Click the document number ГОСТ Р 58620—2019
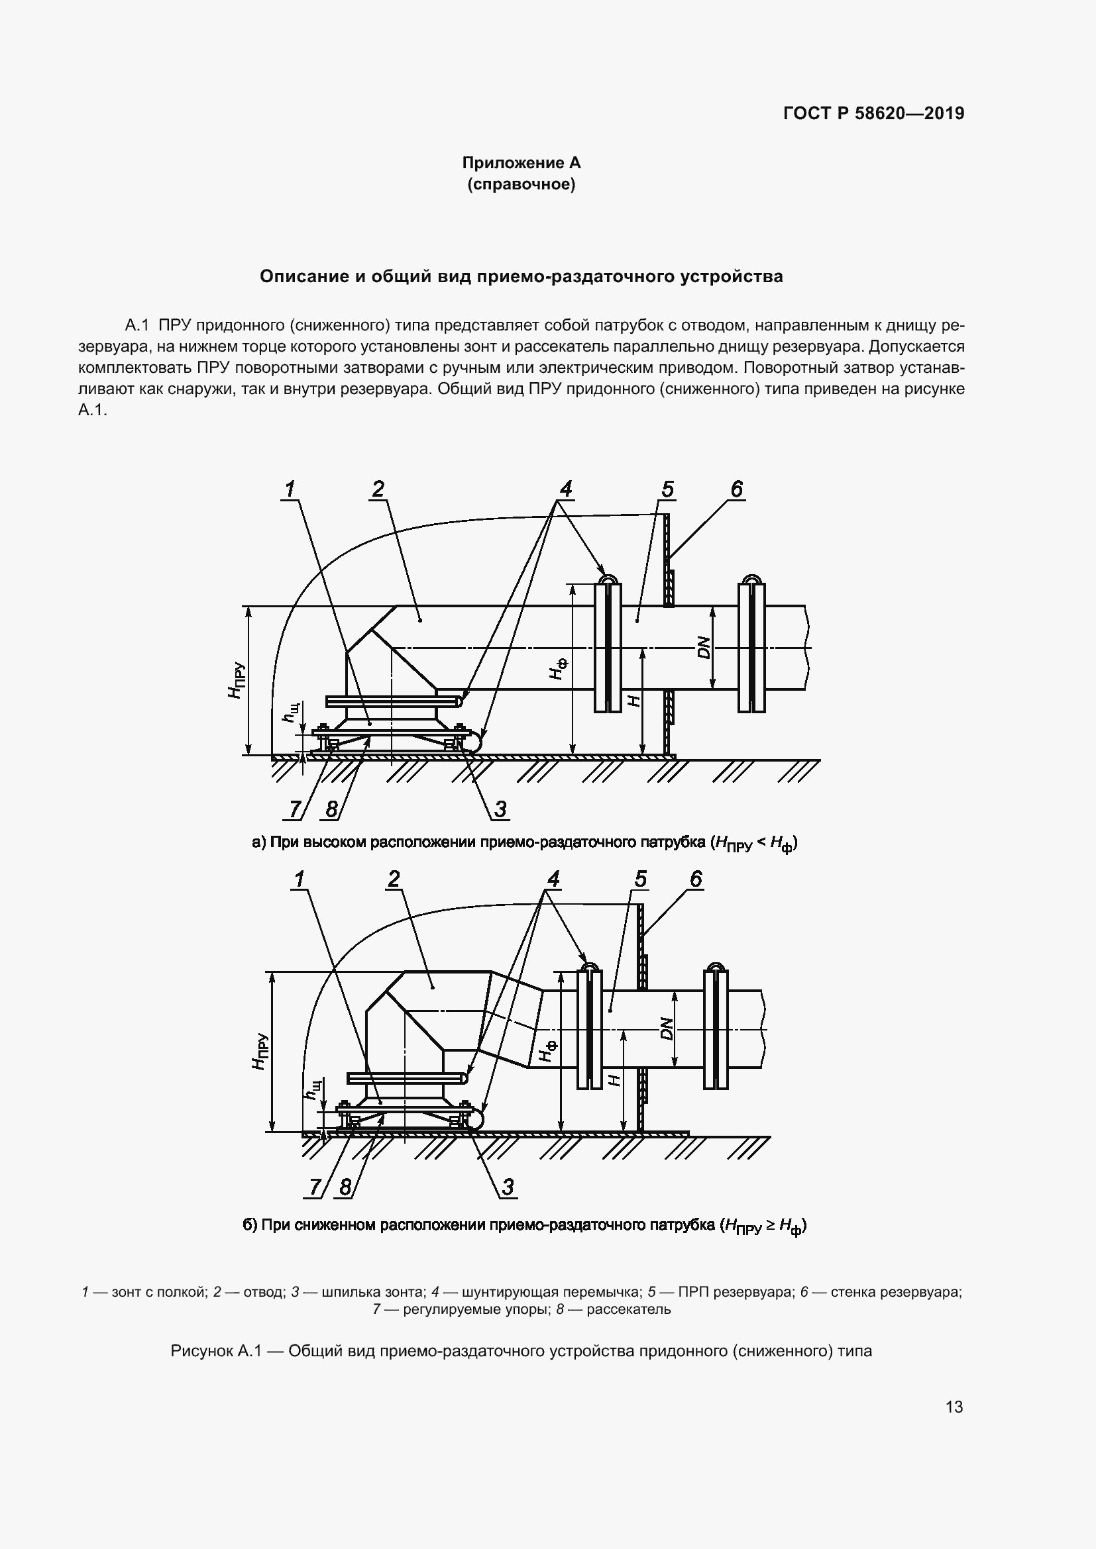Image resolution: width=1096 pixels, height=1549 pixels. click(873, 113)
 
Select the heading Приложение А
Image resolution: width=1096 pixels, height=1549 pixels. click(521, 163)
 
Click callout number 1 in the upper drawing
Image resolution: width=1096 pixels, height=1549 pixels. click(290, 489)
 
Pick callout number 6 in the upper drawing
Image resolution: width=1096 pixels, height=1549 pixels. click(736, 489)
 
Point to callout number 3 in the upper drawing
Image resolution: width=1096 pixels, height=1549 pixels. click(500, 808)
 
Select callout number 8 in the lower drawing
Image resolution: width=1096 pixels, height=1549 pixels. click(345, 1187)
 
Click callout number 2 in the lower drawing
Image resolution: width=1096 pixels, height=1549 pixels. click(394, 878)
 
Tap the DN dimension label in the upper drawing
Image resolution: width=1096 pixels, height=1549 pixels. click(704, 648)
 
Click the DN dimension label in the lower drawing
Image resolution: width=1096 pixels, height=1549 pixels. click(667, 1028)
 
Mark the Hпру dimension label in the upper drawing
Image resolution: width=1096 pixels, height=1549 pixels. click(235, 681)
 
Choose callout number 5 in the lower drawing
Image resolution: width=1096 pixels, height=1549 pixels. click(640, 878)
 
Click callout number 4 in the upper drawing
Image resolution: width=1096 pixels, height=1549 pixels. click(565, 489)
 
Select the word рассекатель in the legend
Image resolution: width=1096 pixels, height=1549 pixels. click(628, 1309)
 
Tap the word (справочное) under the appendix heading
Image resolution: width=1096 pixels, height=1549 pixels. click(521, 184)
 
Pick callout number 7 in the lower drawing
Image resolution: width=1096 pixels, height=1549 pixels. click(315, 1187)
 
